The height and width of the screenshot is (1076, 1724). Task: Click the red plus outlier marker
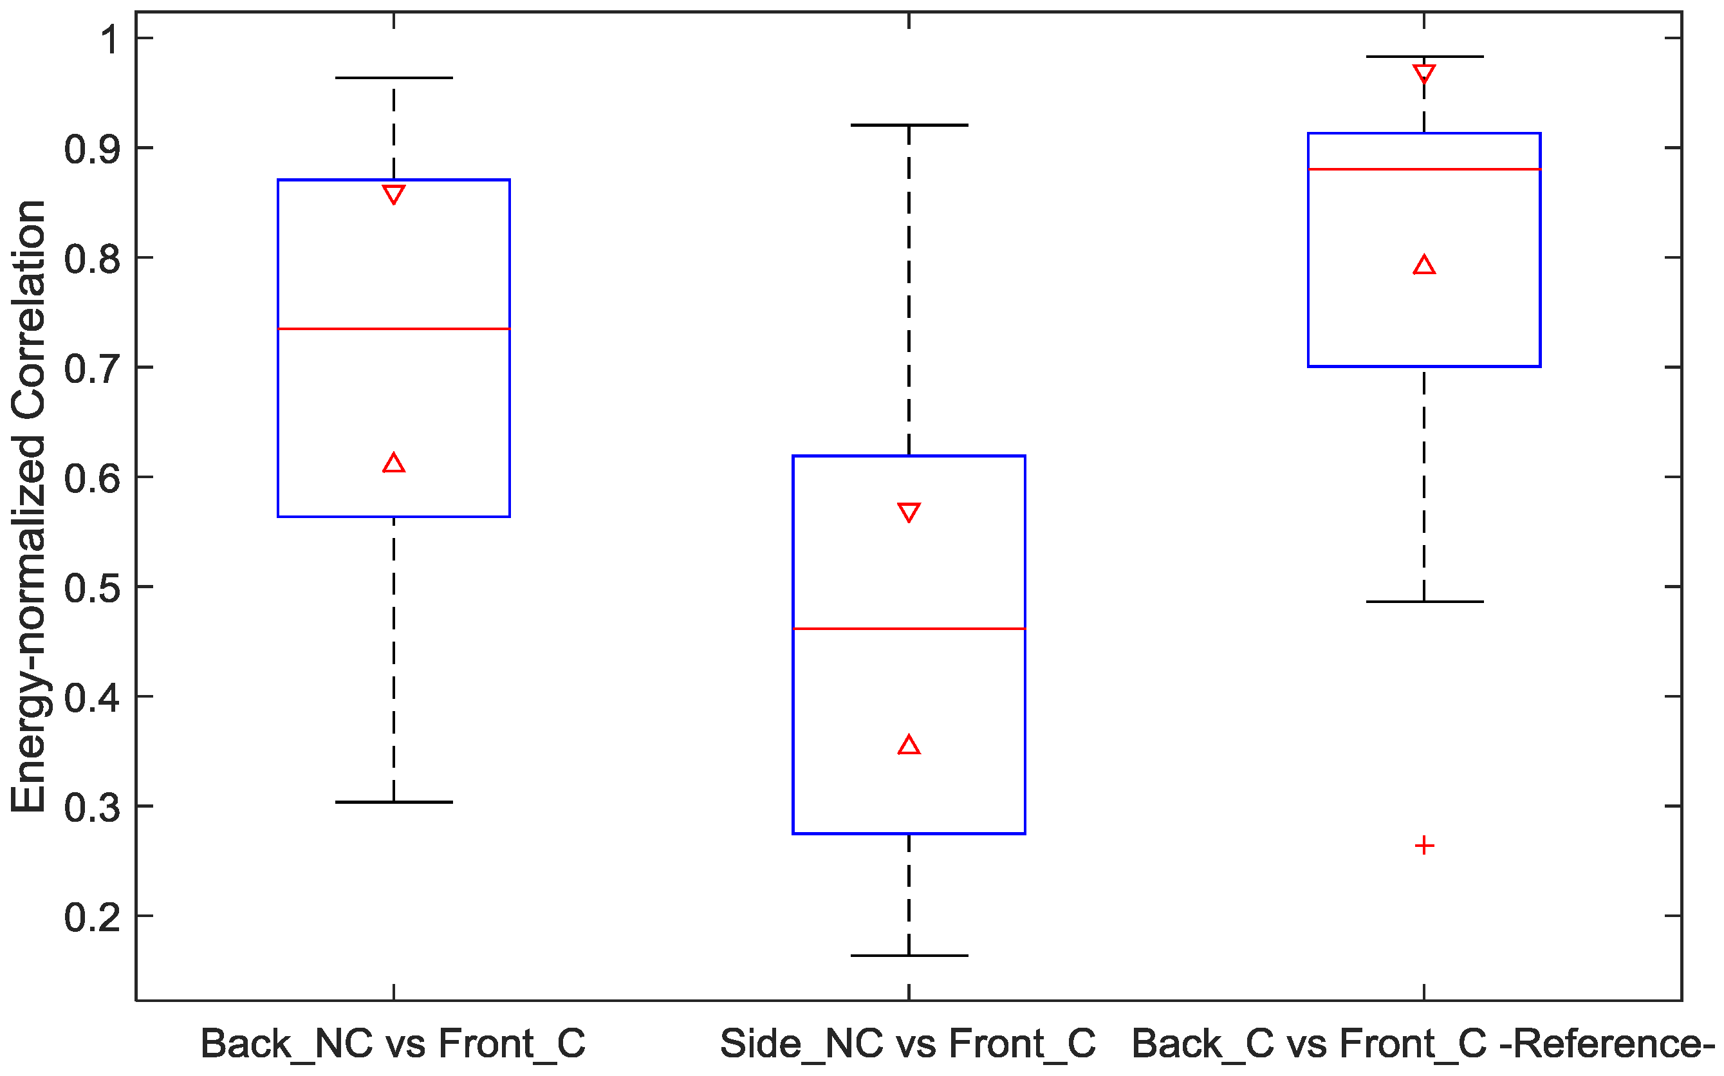[x=1423, y=846]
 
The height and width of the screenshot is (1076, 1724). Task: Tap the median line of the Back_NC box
[x=393, y=329]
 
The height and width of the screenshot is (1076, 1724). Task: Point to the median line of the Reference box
[x=1423, y=169]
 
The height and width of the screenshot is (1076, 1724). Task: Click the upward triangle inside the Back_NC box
[x=393, y=464]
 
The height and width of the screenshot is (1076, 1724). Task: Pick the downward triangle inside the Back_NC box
[x=393, y=194]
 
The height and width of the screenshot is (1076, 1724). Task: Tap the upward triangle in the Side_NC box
[x=909, y=745]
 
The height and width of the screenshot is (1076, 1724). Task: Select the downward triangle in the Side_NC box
[x=909, y=512]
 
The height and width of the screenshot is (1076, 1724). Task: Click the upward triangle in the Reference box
[x=1423, y=265]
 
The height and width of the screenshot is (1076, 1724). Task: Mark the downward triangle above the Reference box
[x=1423, y=73]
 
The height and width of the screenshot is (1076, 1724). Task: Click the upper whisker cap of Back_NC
[x=393, y=78]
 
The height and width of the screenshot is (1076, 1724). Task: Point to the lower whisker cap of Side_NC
[x=909, y=956]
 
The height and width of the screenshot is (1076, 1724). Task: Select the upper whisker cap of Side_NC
[x=909, y=125]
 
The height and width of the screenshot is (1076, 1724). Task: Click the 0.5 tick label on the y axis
[x=91, y=588]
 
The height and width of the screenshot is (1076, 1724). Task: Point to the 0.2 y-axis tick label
[x=91, y=917]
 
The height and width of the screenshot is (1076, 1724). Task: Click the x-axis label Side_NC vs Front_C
[x=907, y=1044]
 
